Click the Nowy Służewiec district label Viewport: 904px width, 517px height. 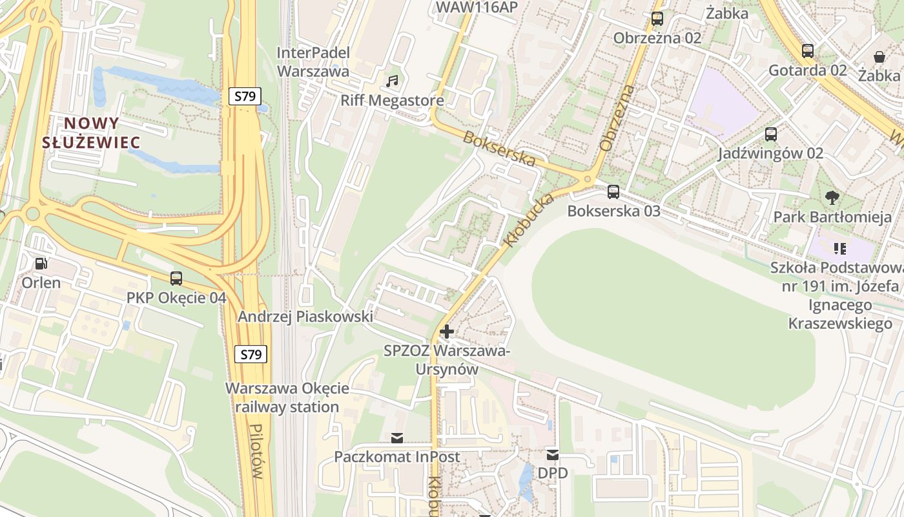click(90, 132)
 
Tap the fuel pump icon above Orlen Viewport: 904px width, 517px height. click(41, 264)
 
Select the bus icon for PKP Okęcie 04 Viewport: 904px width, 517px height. click(176, 279)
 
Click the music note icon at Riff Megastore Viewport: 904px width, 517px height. click(392, 81)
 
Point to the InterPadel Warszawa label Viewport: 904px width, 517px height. click(313, 61)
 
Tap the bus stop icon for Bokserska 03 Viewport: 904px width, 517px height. click(613, 192)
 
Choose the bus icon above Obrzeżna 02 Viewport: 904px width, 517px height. click(657, 19)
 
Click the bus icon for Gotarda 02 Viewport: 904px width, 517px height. click(808, 51)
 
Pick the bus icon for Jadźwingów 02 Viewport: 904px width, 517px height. click(771, 134)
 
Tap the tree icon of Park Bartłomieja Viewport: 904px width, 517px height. click(832, 198)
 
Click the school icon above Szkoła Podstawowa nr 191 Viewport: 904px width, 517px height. click(839, 248)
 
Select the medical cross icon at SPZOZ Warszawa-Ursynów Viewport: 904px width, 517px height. click(446, 332)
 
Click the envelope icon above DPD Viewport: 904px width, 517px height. click(552, 454)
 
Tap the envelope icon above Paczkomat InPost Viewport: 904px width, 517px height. click(396, 438)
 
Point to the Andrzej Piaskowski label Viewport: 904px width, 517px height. click(305, 317)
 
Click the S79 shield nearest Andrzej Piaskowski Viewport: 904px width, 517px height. click(251, 354)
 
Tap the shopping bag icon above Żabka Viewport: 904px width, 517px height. click(879, 57)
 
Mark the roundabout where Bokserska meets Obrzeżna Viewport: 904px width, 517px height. click(587, 178)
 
